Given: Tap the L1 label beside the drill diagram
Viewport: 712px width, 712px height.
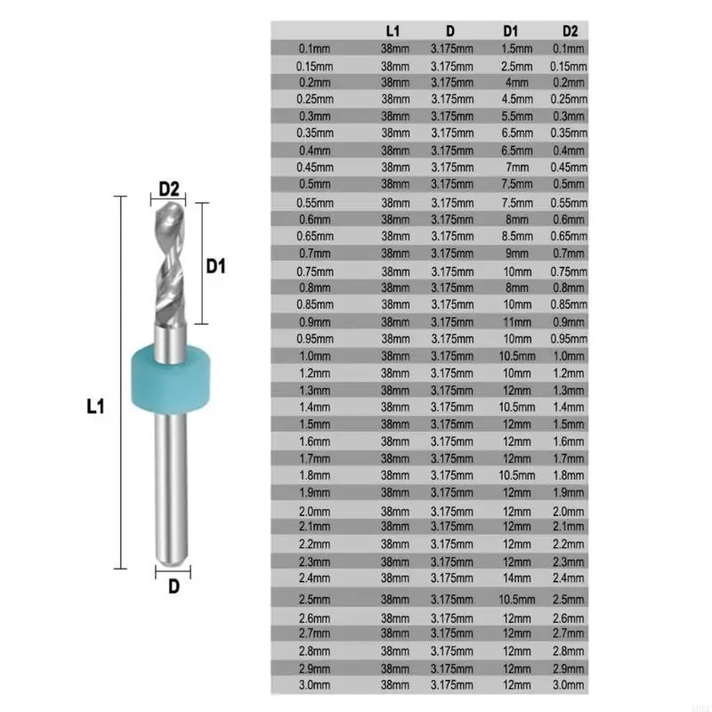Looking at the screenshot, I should click(x=96, y=407).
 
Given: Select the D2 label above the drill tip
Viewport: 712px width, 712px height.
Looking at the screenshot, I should click(x=169, y=188).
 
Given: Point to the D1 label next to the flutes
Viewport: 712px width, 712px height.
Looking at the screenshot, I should click(x=216, y=265).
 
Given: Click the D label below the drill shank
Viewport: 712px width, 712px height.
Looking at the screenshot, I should click(x=174, y=586).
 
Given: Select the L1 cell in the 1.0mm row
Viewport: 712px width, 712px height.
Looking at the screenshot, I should click(x=394, y=355).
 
